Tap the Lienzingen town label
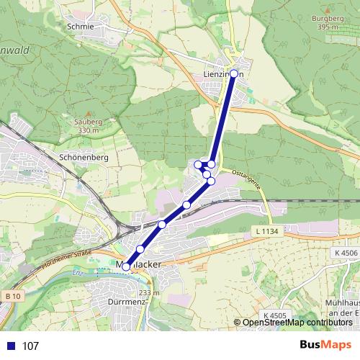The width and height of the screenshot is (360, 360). pos(224,73)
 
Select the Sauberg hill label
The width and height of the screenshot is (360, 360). pos(87,122)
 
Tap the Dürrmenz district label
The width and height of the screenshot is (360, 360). pos(126,301)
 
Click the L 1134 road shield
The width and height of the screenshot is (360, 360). pos(266,231)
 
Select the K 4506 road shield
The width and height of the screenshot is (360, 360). pos(346,253)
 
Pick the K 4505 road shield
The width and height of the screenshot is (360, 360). pos(274,315)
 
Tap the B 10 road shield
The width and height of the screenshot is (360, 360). pos(12,296)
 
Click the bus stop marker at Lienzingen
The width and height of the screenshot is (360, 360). pos(233,73)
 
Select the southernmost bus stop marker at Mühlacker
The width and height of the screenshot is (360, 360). pos(126,266)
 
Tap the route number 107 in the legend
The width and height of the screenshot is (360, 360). pos(30,346)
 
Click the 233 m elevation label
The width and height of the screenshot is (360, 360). pos(149,293)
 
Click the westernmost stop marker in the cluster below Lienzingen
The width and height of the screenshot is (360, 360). pos(198,165)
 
